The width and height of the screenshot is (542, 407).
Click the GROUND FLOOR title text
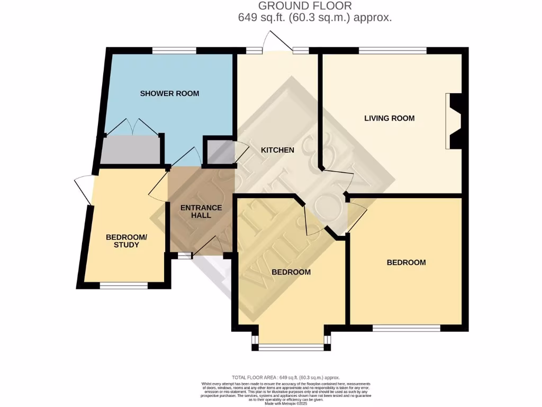tap(304, 6)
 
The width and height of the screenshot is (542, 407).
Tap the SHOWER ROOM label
tap(169, 94)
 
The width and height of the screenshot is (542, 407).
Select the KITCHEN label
tap(277, 150)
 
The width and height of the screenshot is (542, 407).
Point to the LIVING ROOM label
tap(389, 118)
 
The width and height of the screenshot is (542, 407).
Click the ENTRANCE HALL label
tap(201, 211)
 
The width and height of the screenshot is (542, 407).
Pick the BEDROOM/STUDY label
tap(122, 241)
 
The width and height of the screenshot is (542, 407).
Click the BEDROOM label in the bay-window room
tap(291, 272)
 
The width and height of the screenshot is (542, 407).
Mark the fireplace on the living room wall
tap(454, 121)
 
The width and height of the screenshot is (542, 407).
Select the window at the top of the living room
tap(392, 51)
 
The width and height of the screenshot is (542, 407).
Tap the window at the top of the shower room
tap(174, 51)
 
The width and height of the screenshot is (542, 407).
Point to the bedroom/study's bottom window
tap(123, 286)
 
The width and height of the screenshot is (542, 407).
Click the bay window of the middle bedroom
tap(291, 347)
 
